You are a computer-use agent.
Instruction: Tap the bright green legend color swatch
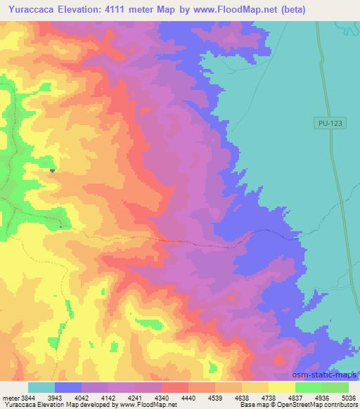click(308, 387)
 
